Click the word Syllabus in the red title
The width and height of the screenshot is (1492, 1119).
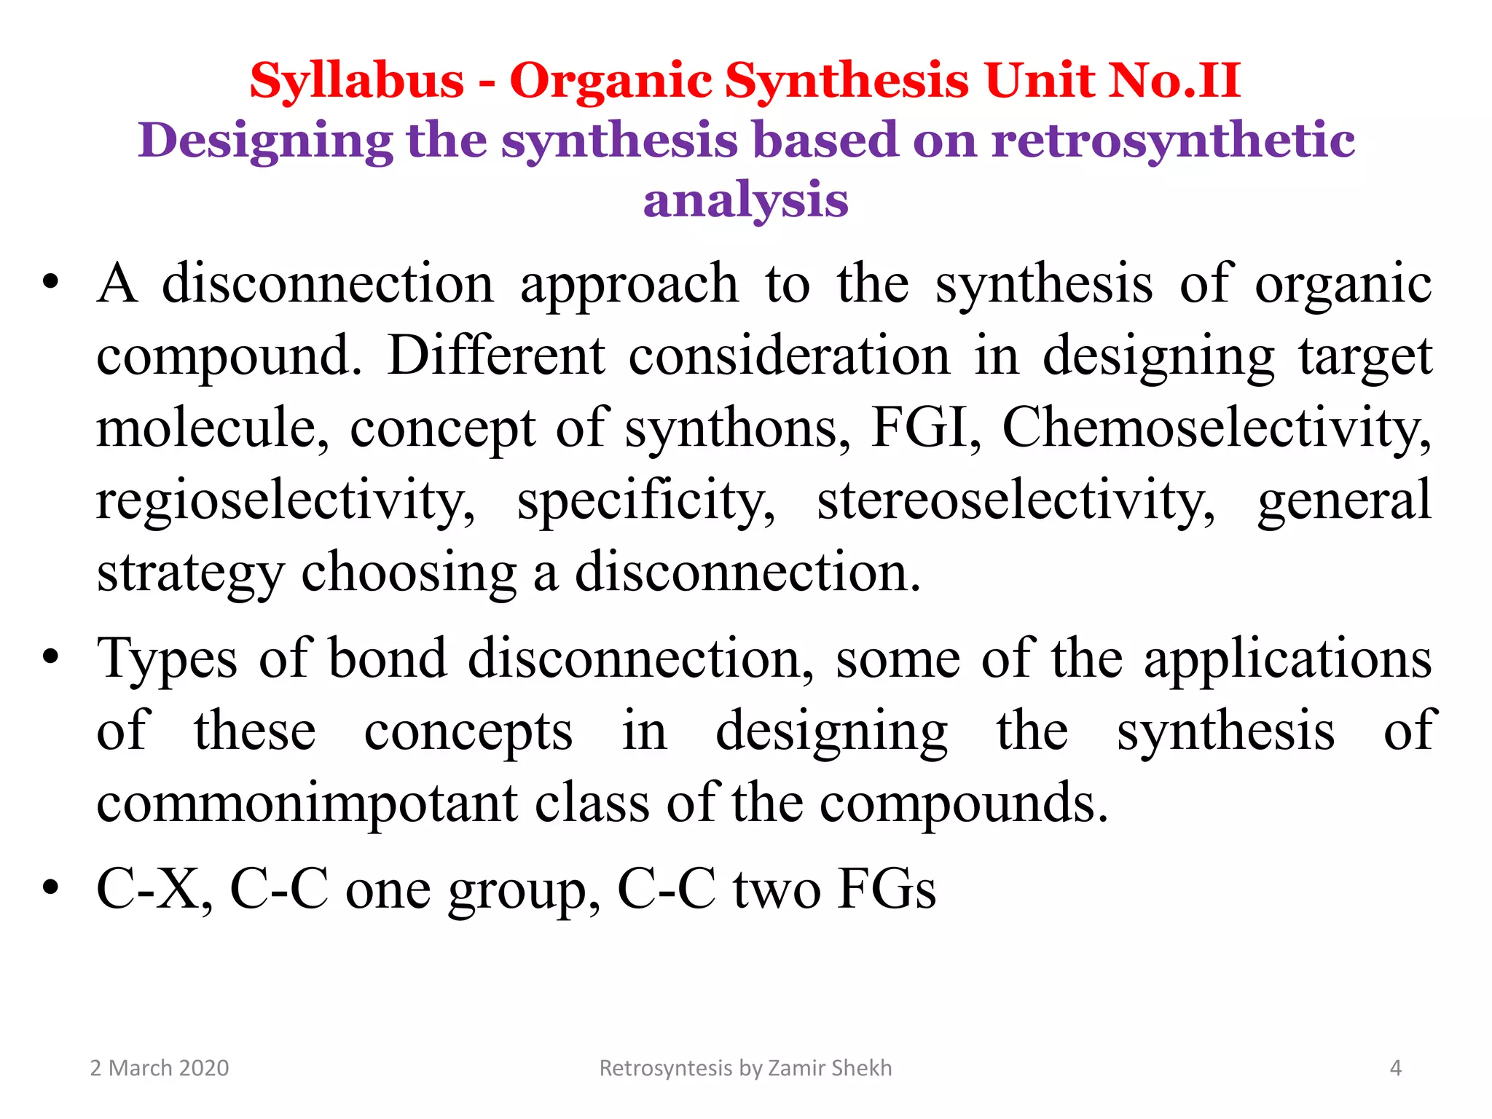356,80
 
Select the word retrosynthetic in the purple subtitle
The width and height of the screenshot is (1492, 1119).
1173,140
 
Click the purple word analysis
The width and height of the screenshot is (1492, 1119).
745,200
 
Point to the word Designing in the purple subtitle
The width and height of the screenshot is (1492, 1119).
265,141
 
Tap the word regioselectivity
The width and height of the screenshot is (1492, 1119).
285,500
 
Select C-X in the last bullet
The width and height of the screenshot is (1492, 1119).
154,889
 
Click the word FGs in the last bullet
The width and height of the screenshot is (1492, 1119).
886,889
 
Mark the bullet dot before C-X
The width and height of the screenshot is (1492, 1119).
50,888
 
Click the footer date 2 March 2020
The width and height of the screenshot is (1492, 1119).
159,1068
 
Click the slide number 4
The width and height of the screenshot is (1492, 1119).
1395,1068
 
